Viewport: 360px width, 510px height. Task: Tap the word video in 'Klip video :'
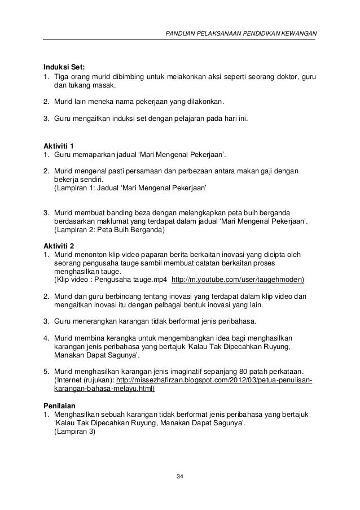(x=81, y=279)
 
